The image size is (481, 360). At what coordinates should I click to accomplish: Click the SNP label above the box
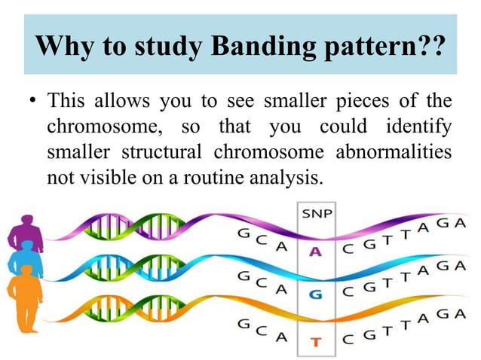tap(317, 214)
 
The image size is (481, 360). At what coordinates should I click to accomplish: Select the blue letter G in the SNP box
tap(317, 295)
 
